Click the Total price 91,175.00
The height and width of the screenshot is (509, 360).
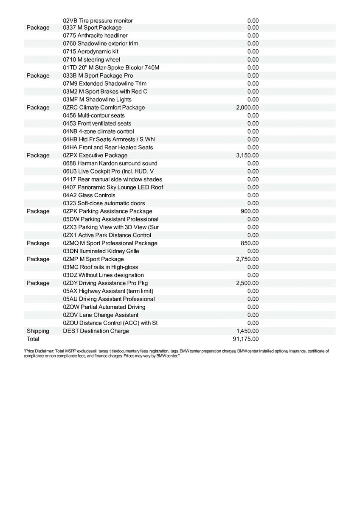pos(247,339)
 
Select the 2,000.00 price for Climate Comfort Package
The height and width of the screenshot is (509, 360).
pos(247,108)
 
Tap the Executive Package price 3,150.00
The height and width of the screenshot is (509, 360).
pos(247,156)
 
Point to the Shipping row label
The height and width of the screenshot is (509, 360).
pos(38,331)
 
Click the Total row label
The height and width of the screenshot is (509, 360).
pos(33,339)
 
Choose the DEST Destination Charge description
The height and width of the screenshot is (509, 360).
pos(96,331)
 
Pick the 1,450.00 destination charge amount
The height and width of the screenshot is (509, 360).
pos(247,331)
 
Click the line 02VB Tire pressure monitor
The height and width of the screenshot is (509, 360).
pos(98,21)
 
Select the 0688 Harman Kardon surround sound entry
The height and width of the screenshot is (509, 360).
pos(110,163)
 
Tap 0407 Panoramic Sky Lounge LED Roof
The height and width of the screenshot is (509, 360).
pos(113,187)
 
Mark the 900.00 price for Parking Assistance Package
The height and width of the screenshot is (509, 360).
pos(250,211)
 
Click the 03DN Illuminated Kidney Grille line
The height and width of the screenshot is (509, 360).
pos(101,251)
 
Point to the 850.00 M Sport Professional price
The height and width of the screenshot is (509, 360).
pos(250,243)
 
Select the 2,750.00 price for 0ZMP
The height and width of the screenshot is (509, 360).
pos(247,259)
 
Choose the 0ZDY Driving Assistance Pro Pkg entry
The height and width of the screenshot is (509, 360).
pos(105,283)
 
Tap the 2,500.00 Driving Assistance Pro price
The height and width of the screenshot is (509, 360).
pos(247,283)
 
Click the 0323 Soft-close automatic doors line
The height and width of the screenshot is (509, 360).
pos(104,204)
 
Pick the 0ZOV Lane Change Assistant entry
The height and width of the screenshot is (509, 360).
pos(101,315)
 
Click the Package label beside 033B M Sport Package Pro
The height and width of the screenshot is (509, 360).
pos(38,76)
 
